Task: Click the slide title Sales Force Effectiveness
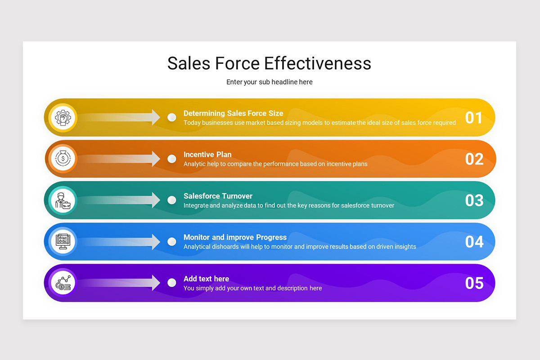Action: (x=269, y=63)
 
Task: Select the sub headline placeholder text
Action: (x=269, y=82)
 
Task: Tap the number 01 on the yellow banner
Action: (x=474, y=117)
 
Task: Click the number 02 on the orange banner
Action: (x=474, y=159)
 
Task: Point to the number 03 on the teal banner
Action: (x=474, y=200)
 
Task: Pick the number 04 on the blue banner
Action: (x=474, y=242)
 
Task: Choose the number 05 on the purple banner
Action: (x=474, y=283)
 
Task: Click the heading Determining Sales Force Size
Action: (x=233, y=113)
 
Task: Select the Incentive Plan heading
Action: (x=207, y=155)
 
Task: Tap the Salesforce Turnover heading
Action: (x=218, y=196)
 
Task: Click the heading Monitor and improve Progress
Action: (x=235, y=238)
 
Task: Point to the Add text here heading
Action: (x=206, y=279)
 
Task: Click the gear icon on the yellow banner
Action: (x=63, y=117)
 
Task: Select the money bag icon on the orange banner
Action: (x=63, y=159)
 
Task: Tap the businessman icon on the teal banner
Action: (x=63, y=200)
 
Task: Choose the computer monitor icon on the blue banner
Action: (x=63, y=242)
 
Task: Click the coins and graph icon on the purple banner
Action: (x=63, y=283)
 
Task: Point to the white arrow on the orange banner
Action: (x=121, y=159)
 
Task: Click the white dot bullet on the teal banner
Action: (x=171, y=200)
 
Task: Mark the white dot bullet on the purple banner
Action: (x=171, y=283)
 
